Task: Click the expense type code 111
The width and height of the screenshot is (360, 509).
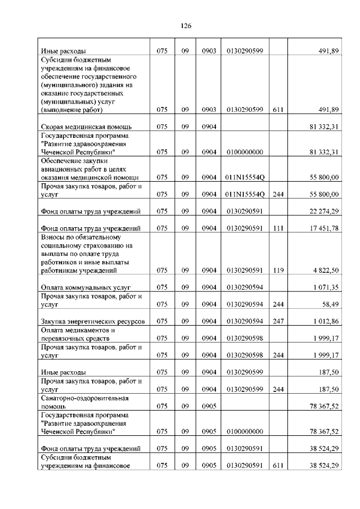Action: pos(277,228)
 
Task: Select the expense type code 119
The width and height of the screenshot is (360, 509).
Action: pos(277,271)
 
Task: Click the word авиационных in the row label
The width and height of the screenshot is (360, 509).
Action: pos(62,169)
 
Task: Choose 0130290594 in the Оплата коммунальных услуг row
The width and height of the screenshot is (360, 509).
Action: pos(245,287)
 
